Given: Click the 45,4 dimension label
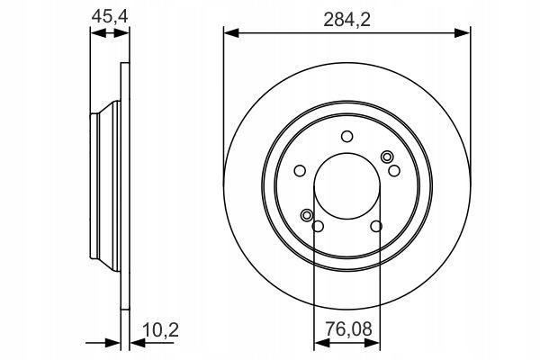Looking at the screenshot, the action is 110,16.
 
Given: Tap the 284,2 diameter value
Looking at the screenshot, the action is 346,20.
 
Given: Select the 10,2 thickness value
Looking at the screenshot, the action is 161,330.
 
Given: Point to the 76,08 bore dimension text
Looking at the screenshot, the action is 349,329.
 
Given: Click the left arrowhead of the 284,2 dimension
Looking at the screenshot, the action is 231,33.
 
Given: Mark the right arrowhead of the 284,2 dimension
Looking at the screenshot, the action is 463,33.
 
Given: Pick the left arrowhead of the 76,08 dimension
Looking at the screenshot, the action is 322,346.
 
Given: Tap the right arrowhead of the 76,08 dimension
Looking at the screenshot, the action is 373,346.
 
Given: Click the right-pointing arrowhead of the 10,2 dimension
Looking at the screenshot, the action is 113,346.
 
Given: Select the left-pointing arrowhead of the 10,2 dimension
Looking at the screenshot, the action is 138,346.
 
